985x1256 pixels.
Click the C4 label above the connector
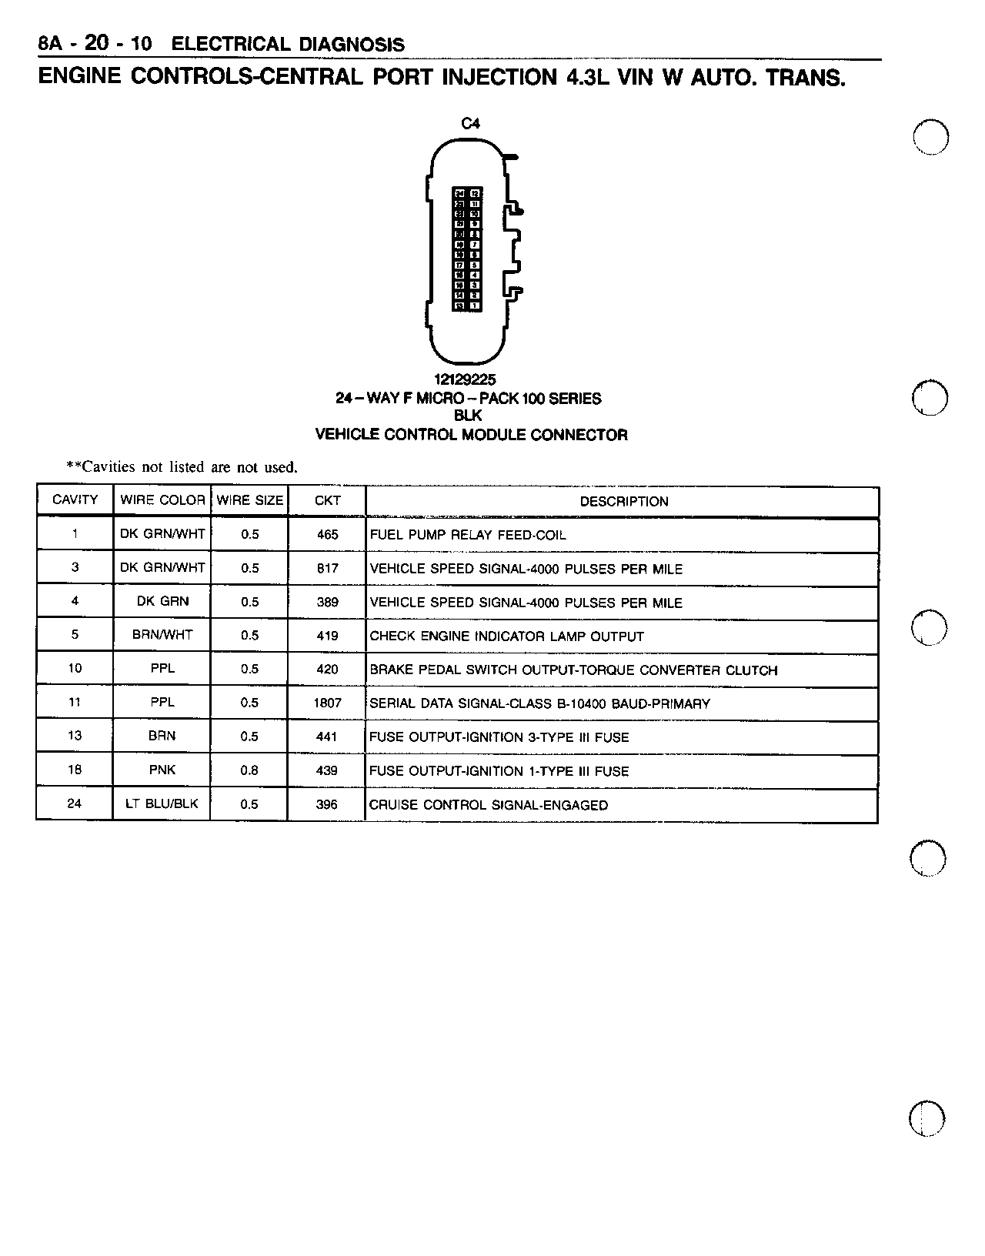(x=470, y=124)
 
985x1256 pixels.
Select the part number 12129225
(x=465, y=379)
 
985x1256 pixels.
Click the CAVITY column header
(x=75, y=500)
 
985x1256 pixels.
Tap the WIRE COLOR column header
(x=162, y=500)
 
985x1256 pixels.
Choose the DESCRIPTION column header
(x=623, y=502)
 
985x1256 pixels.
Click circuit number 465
(x=327, y=535)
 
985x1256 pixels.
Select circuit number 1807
(x=327, y=703)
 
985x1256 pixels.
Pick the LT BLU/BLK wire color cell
(x=162, y=804)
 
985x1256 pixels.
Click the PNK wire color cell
(x=162, y=770)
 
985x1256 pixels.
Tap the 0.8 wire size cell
(x=249, y=770)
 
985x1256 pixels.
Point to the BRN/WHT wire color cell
(x=162, y=636)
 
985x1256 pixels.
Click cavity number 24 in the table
(x=75, y=804)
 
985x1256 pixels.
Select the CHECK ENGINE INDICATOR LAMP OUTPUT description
(x=506, y=636)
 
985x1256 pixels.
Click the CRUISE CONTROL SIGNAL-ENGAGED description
(x=489, y=806)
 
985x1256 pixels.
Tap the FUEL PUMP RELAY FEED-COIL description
(x=468, y=536)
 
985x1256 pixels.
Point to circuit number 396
(x=327, y=805)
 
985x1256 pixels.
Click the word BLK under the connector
(x=468, y=416)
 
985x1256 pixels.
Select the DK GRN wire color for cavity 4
(x=162, y=602)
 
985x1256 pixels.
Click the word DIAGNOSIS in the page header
(x=351, y=45)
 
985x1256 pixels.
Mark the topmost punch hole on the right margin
(x=930, y=139)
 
